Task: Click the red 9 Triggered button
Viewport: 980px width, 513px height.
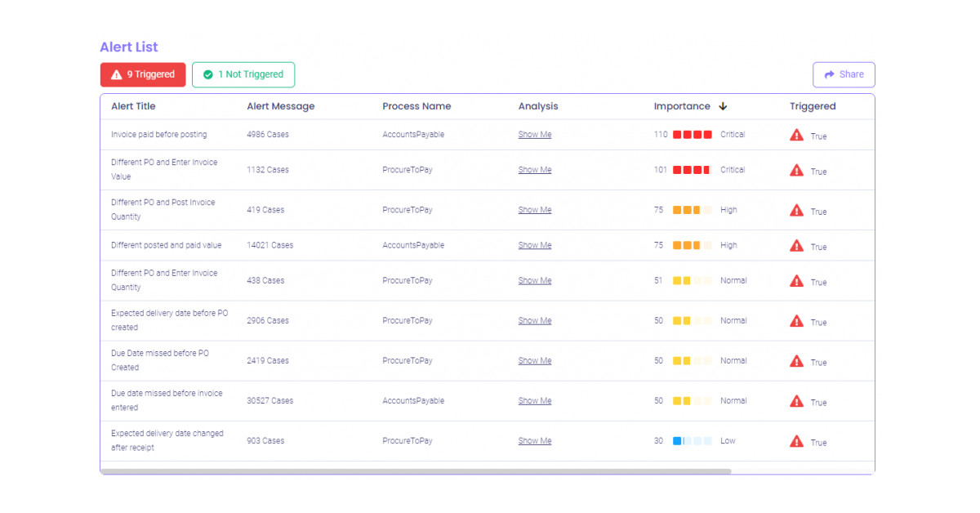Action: coord(143,74)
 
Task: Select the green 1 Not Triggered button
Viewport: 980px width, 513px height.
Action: coord(243,74)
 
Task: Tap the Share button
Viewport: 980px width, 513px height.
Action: coord(844,74)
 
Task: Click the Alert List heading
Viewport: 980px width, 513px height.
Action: coord(129,47)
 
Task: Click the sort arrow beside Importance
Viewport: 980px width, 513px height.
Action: coord(723,106)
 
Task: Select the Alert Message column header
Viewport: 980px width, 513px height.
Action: coord(280,106)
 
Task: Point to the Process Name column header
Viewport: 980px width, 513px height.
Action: coord(416,106)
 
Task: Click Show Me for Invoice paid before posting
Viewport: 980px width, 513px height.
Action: coord(535,135)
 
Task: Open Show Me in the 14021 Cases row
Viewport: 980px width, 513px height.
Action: coord(535,245)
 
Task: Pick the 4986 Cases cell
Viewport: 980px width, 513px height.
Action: coord(268,135)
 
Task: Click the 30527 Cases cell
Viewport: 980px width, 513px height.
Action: coord(269,401)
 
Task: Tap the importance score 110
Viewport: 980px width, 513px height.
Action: coord(661,135)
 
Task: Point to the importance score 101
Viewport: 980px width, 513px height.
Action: coord(661,170)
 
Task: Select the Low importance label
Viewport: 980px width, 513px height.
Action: coord(728,441)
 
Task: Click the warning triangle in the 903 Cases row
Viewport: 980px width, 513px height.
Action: coord(797,441)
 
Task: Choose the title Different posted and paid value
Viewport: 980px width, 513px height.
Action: coord(166,245)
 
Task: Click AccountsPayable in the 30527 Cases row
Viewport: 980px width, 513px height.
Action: coord(413,401)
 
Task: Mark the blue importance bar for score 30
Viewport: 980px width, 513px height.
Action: coord(678,441)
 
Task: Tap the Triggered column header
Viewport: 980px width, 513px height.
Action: coord(813,106)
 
